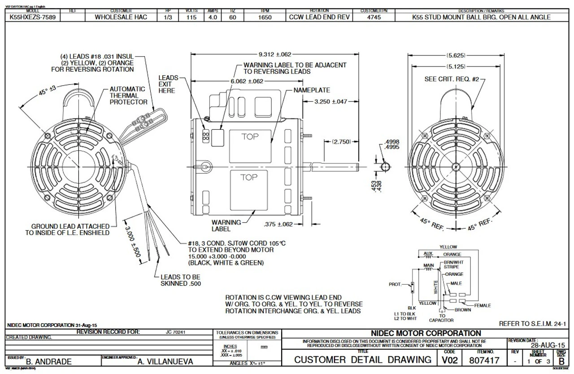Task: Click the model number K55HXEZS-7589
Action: [30, 18]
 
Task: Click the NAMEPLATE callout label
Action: [312, 90]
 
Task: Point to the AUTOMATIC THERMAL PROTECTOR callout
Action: [128, 95]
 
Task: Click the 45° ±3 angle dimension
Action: [47, 91]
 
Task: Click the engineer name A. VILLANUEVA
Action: [165, 361]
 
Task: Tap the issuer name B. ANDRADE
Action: [49, 361]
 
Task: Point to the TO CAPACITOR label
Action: [441, 318]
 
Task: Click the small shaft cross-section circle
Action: [385, 167]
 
